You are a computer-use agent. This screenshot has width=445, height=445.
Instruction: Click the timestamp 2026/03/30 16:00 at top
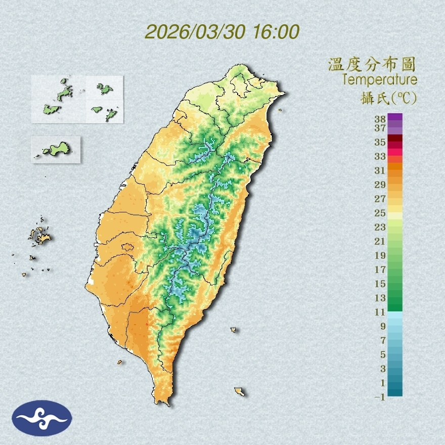tap(222, 32)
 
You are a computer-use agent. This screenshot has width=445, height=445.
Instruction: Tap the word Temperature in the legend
tap(379, 80)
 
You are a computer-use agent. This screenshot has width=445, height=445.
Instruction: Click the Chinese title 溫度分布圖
tap(372, 64)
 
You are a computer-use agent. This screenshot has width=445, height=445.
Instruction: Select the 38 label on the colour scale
tap(380, 119)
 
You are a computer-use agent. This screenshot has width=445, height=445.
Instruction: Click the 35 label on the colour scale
tap(380, 142)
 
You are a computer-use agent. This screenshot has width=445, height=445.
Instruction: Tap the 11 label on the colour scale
tap(380, 312)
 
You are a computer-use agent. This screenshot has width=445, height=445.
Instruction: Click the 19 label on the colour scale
tap(380, 255)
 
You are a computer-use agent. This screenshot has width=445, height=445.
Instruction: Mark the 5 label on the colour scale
tap(383, 354)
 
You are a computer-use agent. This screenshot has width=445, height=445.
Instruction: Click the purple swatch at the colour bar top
tap(395, 117)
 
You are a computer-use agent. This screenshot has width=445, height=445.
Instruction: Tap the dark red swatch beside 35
tap(395, 139)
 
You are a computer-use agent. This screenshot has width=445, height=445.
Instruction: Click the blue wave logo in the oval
tap(42, 418)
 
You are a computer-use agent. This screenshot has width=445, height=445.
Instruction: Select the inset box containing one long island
tap(56, 149)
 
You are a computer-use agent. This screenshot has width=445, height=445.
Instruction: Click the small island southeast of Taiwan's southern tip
tap(240, 391)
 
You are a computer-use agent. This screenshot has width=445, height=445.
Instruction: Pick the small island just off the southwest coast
tap(120, 362)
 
